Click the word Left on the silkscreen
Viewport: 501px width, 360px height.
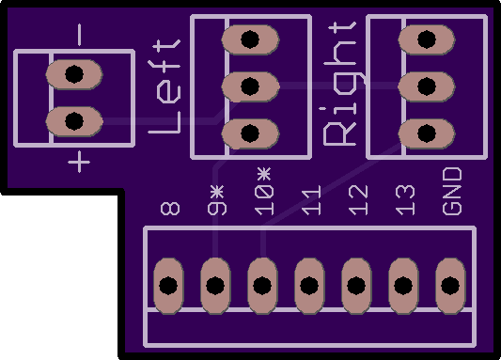pos(164,86)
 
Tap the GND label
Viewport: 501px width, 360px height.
pos(452,191)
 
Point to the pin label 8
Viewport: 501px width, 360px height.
pos(170,208)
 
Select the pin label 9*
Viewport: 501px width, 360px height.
pos(217,200)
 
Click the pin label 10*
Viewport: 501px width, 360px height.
pos(264,191)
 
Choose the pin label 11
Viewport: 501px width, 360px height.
pos(311,200)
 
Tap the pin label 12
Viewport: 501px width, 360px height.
pos(358,200)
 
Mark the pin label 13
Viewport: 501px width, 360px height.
pos(405,200)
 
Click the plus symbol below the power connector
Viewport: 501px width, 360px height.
pos(79,162)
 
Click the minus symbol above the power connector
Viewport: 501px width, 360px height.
pos(79,35)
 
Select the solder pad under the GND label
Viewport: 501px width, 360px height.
pos(450,286)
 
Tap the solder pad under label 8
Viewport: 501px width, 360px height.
pos(168,286)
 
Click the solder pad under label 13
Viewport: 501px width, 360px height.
pos(403,286)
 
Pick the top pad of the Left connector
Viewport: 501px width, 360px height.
pos(250,39)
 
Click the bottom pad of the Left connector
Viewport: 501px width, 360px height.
pos(250,133)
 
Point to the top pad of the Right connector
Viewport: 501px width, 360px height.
pos(427,39)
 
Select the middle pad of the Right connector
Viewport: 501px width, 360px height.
pos(427,86)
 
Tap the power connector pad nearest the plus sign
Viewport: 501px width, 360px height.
pos(74,121)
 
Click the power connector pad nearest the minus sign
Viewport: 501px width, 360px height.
pos(74,74)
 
